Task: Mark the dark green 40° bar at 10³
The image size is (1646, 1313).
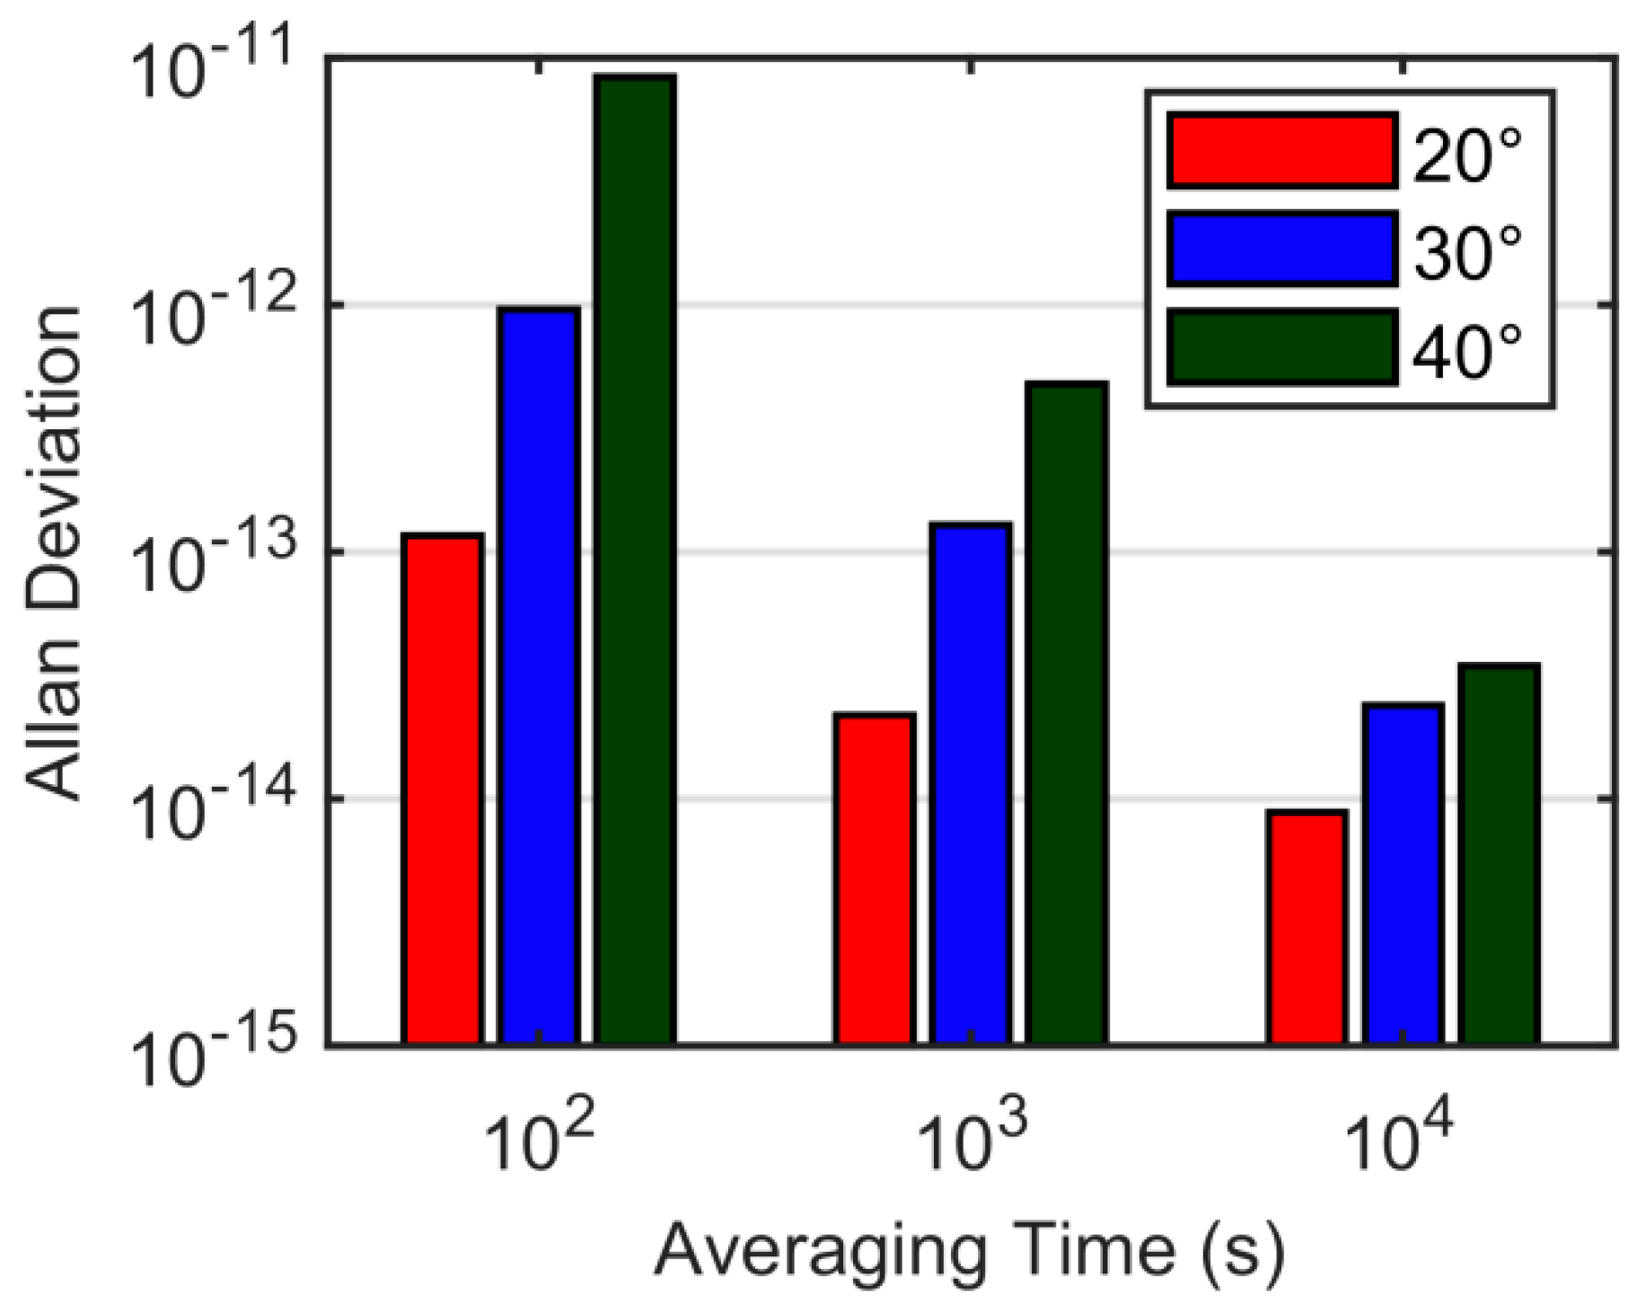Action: pyautogui.click(x=1067, y=713)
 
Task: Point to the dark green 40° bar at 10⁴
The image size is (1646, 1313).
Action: pyautogui.click(x=1499, y=854)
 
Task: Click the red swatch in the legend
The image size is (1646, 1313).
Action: pyautogui.click(x=1281, y=151)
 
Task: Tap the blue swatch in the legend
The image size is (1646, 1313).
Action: pyautogui.click(x=1281, y=249)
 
